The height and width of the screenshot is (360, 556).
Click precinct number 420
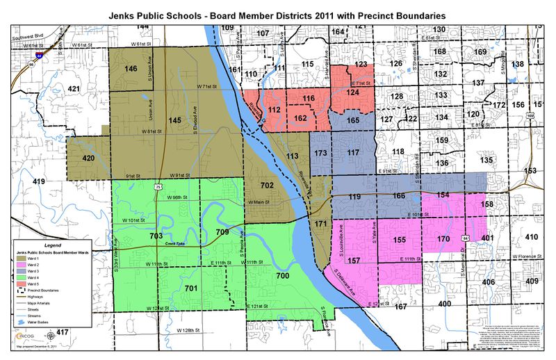click(88, 158)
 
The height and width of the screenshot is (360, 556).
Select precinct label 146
click(130, 69)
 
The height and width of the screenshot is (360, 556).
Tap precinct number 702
click(267, 186)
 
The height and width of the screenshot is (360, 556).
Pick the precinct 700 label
click(282, 276)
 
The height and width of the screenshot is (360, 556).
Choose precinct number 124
click(353, 92)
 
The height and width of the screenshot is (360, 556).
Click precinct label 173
click(320, 152)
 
